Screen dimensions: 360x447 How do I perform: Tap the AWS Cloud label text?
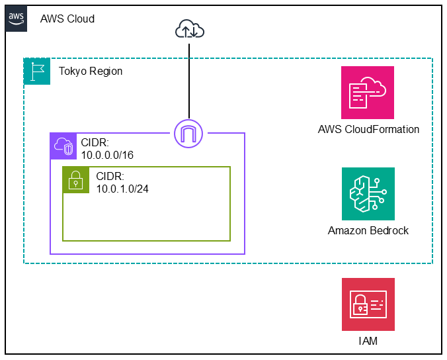tap(67, 19)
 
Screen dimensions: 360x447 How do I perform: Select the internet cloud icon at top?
tap(190, 29)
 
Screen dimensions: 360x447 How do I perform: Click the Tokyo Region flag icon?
tap(37, 71)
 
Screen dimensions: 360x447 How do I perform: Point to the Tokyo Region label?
tap(91, 71)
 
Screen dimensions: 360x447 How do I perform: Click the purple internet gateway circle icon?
tap(190, 133)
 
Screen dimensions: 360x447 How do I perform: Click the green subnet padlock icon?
tap(76, 179)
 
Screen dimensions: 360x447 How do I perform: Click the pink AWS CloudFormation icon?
tap(368, 93)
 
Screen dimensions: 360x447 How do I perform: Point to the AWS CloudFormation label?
tap(368, 130)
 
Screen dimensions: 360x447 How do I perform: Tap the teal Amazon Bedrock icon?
tap(368, 194)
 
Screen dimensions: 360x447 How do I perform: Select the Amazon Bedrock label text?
tap(368, 231)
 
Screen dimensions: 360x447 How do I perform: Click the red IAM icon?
tap(368, 304)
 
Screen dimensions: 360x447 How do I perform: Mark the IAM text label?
tap(368, 341)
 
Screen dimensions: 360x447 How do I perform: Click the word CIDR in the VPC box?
tap(94, 142)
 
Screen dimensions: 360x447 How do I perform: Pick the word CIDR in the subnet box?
tap(110, 176)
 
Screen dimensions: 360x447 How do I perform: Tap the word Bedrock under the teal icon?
tap(390, 231)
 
